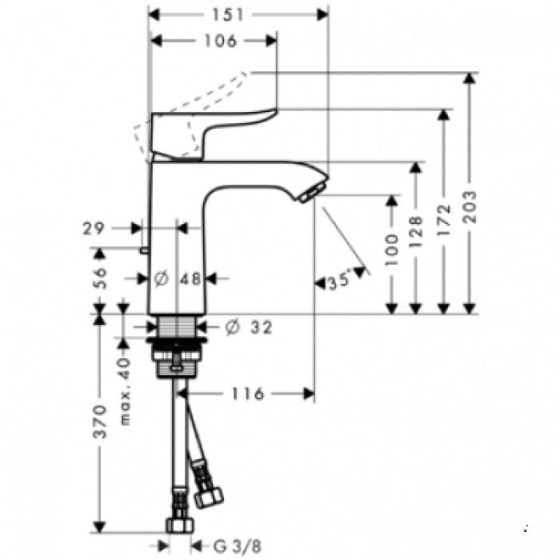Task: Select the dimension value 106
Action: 216,41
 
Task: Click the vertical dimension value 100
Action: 391,250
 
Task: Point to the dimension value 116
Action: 249,393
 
